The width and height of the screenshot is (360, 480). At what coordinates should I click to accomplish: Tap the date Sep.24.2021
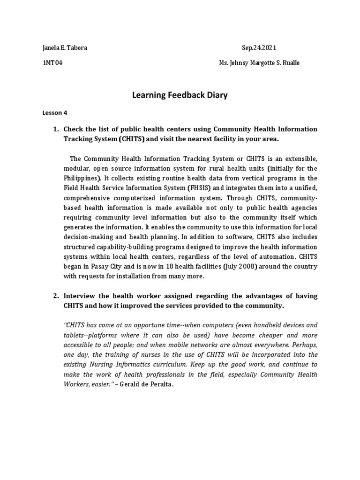(x=262, y=47)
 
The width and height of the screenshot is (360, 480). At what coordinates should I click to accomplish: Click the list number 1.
(x=55, y=129)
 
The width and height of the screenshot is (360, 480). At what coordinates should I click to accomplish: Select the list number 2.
(x=55, y=296)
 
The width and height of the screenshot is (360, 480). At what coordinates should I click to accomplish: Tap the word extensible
(x=300, y=158)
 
